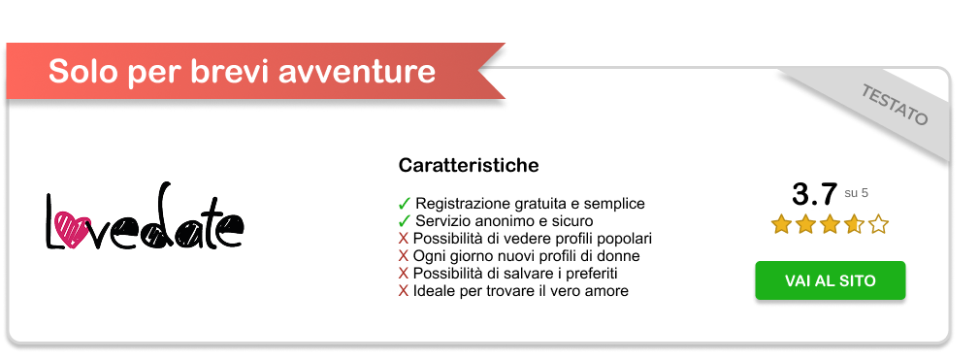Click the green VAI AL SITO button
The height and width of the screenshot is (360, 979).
tap(830, 280)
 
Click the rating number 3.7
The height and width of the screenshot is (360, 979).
tap(813, 194)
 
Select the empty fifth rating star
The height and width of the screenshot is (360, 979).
tap(878, 224)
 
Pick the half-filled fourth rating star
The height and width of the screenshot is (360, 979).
tap(854, 224)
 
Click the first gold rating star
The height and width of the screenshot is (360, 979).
tap(781, 224)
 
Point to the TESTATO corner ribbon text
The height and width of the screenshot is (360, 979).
tap(894, 105)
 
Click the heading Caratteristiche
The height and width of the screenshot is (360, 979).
tap(469, 166)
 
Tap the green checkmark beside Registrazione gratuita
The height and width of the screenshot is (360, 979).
tap(404, 204)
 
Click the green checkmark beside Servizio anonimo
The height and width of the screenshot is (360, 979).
tap(404, 221)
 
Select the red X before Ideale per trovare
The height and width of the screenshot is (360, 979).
tap(404, 291)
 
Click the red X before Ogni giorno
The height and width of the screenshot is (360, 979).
tap(404, 256)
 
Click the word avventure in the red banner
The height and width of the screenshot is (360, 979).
tap(356, 71)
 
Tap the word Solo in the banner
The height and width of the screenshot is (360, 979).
tap(83, 71)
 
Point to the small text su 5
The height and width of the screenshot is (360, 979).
tap(856, 193)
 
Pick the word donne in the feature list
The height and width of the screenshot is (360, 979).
tap(617, 256)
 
